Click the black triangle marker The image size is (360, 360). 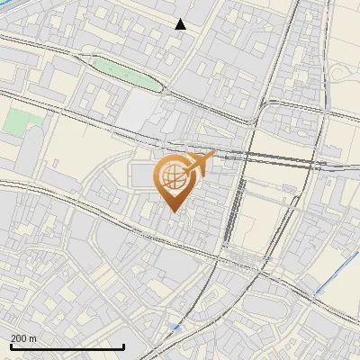181,24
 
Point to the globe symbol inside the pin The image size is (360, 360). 171,175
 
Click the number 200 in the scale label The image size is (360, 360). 20,338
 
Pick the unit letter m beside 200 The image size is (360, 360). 33,338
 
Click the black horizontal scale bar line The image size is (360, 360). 67,346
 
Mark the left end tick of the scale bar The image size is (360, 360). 11,345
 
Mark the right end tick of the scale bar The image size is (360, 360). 123,345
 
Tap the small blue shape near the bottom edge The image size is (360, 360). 175,328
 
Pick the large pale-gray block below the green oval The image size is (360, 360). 139,112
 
